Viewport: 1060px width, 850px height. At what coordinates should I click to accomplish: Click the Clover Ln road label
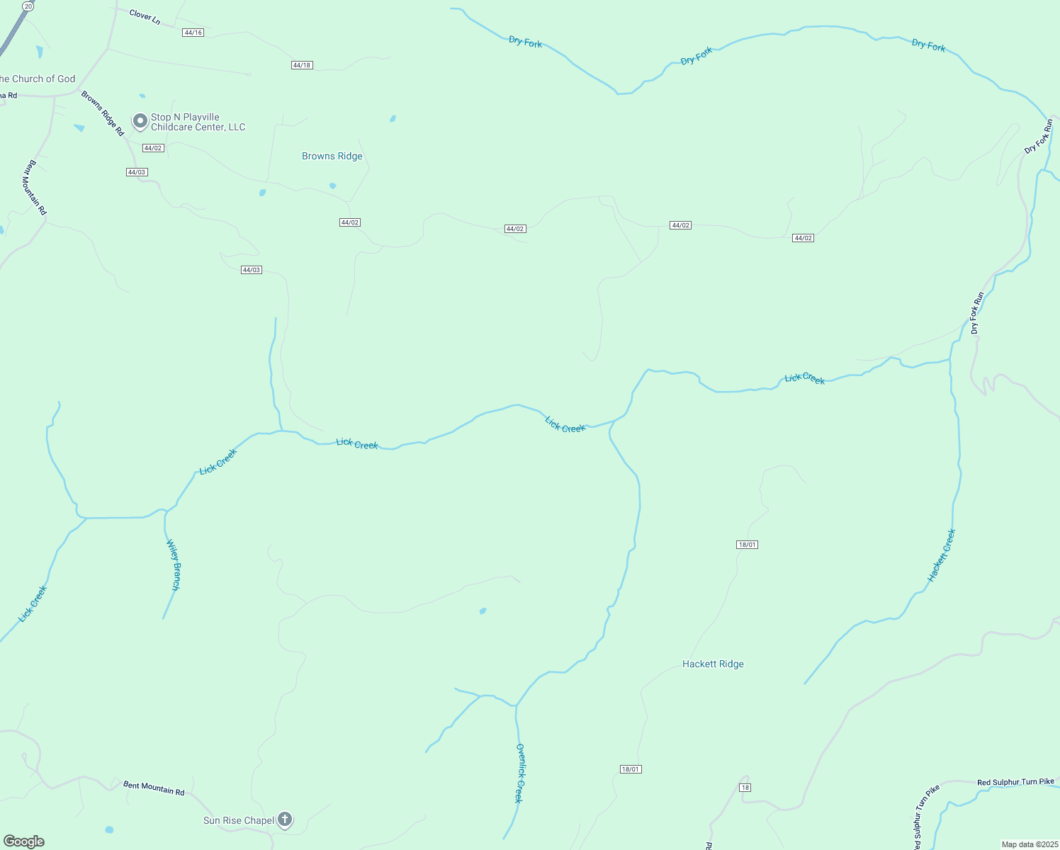145,16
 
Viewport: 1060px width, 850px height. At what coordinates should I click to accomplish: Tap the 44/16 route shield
193,33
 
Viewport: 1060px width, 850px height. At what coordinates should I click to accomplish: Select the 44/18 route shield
302,65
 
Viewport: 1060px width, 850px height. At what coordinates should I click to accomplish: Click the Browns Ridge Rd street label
102,113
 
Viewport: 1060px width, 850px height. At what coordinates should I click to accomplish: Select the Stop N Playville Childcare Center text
198,122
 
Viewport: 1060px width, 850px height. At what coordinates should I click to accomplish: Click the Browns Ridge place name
332,156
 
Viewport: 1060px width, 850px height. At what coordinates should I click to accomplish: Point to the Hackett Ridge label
713,664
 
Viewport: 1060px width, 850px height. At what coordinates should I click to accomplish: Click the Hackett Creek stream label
942,555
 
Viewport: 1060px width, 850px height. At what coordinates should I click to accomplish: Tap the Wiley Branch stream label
174,565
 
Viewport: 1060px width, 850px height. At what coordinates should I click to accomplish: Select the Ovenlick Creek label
519,773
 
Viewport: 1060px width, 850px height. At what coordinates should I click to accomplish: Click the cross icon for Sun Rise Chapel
285,820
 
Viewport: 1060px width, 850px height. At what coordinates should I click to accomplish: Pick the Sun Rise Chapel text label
239,820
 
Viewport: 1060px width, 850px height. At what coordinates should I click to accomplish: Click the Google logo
24,841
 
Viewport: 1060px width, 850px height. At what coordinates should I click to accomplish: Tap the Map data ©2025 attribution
1029,844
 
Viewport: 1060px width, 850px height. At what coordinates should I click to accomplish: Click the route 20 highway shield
27,6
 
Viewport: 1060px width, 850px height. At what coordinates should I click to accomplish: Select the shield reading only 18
744,788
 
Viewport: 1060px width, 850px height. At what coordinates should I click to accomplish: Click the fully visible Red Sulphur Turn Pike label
1015,782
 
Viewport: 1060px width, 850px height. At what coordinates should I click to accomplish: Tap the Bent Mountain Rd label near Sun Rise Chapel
154,788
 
